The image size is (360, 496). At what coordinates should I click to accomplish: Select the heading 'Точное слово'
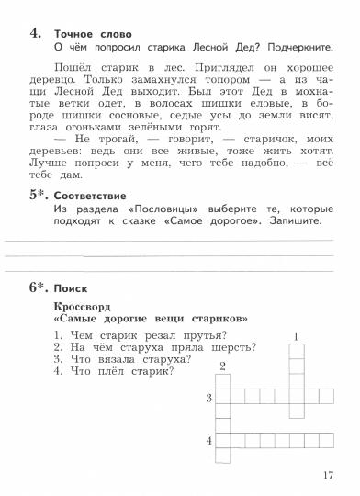(x=93, y=34)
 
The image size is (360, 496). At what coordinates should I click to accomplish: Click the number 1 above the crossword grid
(x=296, y=337)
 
